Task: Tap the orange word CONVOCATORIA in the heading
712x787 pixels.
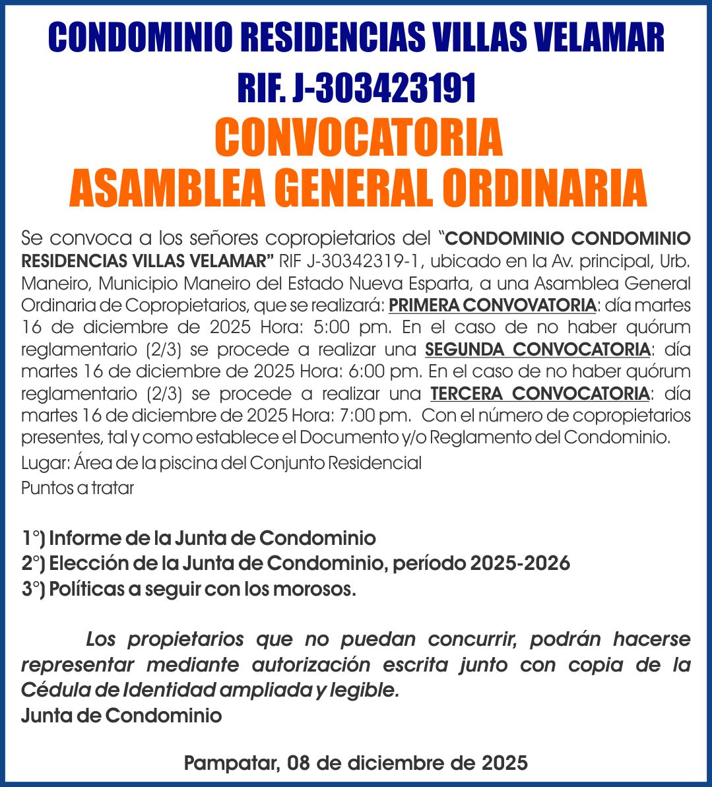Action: (358, 137)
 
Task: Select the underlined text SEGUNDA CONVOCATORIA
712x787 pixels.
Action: (538, 349)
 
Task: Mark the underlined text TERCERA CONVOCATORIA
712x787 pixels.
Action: (540, 394)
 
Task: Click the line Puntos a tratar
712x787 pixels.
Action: (78, 489)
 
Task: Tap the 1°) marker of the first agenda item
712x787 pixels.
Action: (33, 538)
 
